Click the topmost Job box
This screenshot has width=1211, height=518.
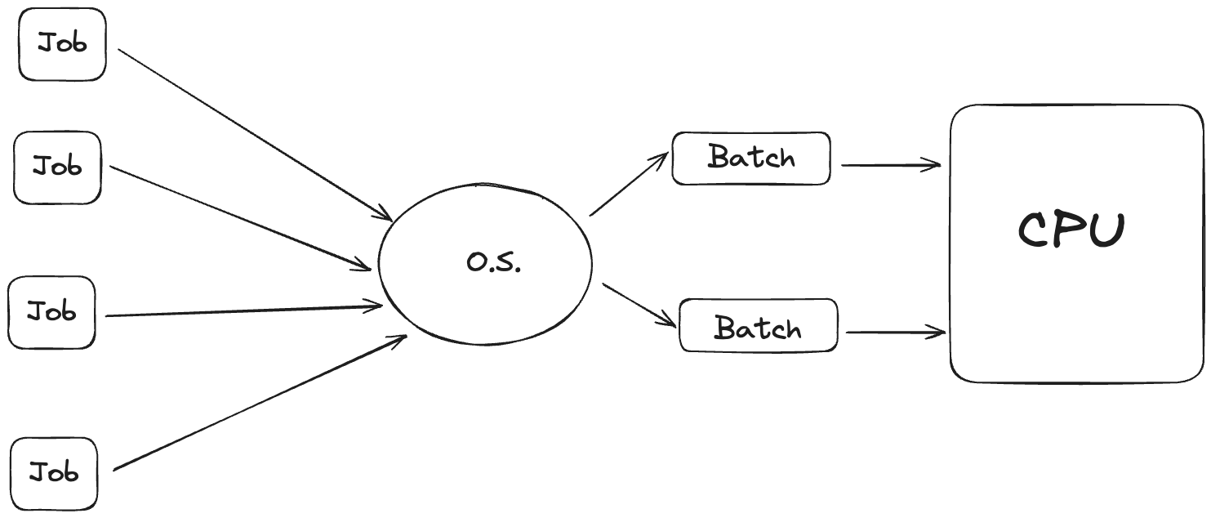pyautogui.click(x=62, y=44)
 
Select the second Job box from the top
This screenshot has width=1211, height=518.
pyautogui.click(x=57, y=167)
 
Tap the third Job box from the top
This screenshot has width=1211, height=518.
pyautogui.click(x=51, y=312)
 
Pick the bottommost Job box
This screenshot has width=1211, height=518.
pyautogui.click(x=54, y=473)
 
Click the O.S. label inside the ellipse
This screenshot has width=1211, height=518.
pyautogui.click(x=493, y=262)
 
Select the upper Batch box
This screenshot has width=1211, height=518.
pyautogui.click(x=750, y=158)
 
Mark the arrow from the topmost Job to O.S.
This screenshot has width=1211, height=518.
pyautogui.click(x=253, y=133)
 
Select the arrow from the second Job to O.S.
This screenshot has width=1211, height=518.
pyautogui.click(x=241, y=217)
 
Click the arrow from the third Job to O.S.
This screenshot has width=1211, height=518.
pyautogui.click(x=245, y=310)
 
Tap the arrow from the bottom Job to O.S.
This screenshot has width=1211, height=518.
pyautogui.click(x=260, y=402)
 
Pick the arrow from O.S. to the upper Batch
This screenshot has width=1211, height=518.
pyautogui.click(x=628, y=185)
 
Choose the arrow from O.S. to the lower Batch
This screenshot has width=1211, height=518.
pyautogui.click(x=639, y=305)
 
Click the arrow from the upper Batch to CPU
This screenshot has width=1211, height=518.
pyautogui.click(x=890, y=165)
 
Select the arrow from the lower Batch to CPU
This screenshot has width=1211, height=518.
pyautogui.click(x=896, y=333)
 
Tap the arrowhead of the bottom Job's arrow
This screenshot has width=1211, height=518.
pyautogui.click(x=400, y=338)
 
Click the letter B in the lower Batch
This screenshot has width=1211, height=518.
pyautogui.click(x=727, y=328)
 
